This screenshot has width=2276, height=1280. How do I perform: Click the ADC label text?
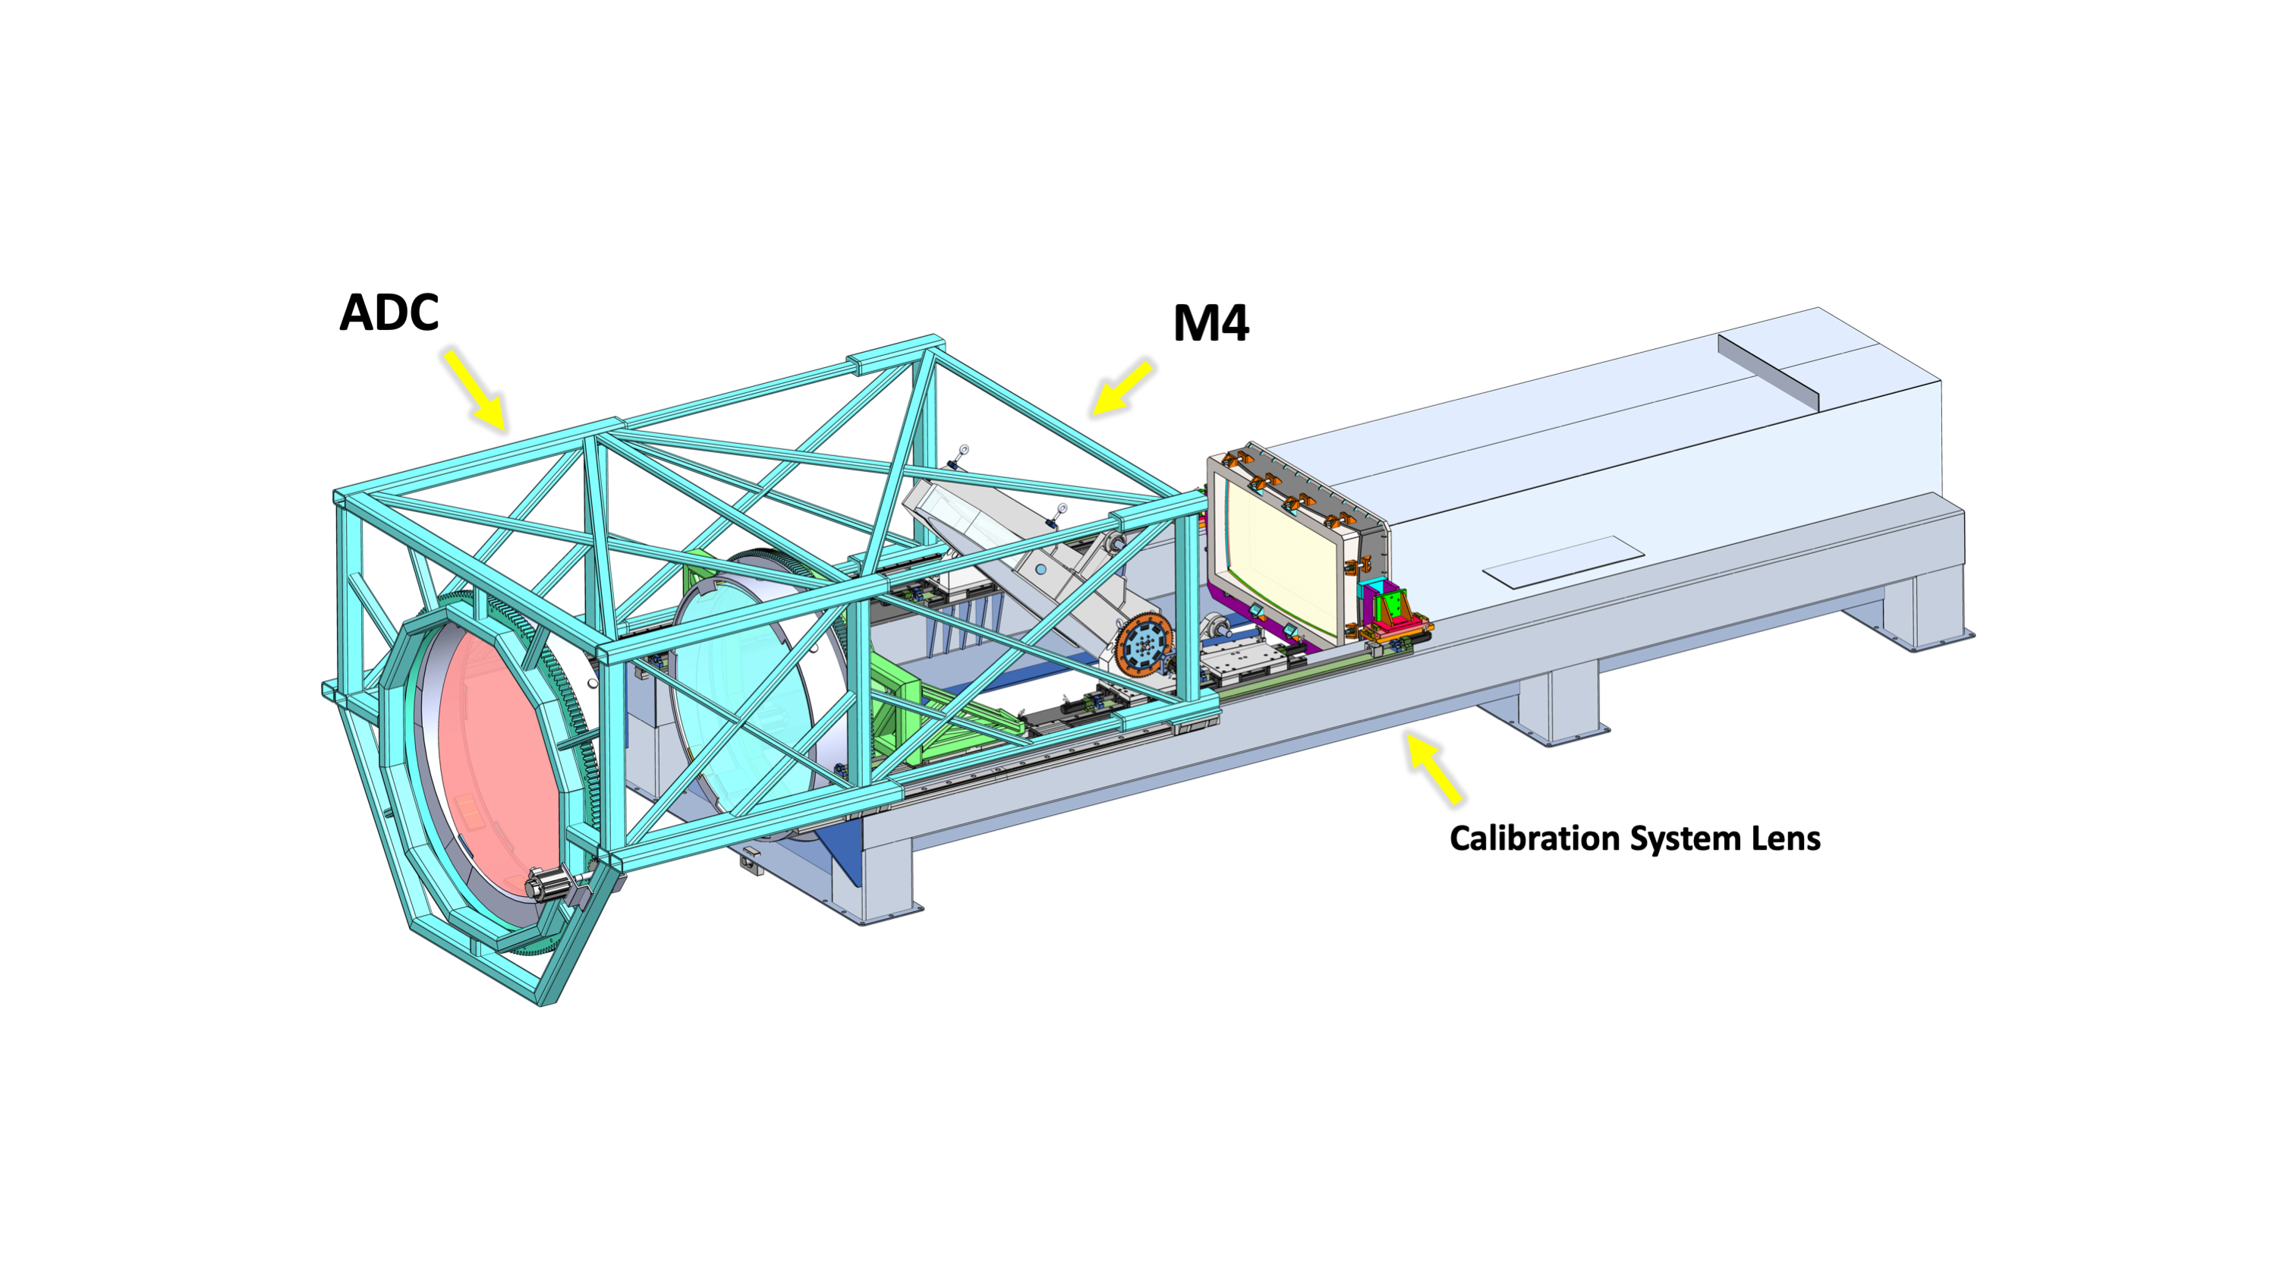click(389, 313)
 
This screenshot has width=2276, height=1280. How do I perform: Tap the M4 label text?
click(1210, 323)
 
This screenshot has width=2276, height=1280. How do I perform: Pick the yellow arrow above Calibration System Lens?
click(1433, 768)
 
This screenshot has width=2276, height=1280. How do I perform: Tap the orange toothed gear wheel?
click(1143, 647)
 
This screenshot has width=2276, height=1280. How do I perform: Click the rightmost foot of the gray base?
click(1926, 618)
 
